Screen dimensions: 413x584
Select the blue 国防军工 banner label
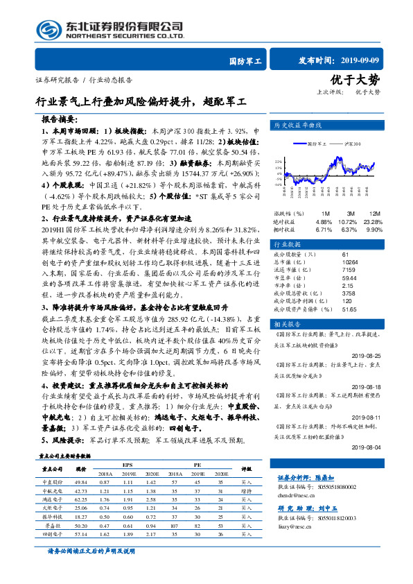(x=245, y=62)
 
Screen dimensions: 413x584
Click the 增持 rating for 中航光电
(x=247, y=490)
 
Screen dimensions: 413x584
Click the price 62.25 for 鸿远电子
(x=81, y=499)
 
